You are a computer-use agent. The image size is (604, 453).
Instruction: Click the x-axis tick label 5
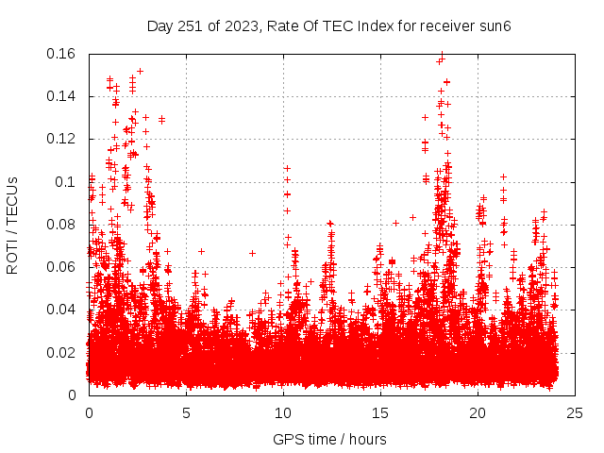tap(186, 413)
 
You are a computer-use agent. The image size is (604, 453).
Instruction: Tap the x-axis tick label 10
tap(283, 413)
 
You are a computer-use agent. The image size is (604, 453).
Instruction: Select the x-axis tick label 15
tap(380, 413)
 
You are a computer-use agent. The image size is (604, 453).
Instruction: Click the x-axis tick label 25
tap(575, 413)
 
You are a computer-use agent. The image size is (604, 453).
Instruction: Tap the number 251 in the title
tap(191, 25)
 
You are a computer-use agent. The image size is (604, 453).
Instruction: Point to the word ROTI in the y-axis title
tap(13, 258)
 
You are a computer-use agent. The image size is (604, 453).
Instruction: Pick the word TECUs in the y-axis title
tap(13, 201)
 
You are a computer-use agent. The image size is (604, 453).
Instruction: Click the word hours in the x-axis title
tap(366, 440)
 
